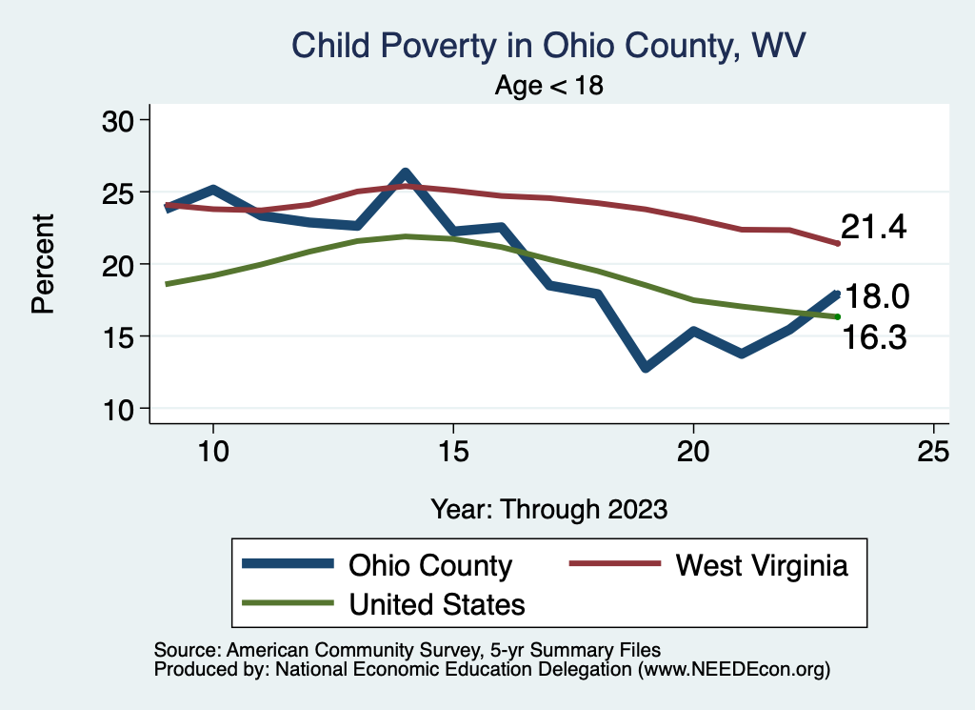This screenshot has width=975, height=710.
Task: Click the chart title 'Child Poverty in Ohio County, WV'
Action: coord(549,46)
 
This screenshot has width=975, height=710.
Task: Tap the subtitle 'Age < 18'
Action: coord(549,86)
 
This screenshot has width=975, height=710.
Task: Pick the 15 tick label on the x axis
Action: coord(453,452)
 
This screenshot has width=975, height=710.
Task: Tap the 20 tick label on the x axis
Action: coord(693,452)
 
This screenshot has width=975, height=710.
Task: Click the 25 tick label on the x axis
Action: coord(934,452)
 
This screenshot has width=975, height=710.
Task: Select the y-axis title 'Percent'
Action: coord(42,264)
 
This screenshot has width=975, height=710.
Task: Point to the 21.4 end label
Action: coord(873,227)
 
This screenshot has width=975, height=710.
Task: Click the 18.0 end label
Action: coord(878,297)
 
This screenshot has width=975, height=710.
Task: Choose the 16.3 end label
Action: coord(873,337)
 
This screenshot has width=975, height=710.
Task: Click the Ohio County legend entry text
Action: coord(430,565)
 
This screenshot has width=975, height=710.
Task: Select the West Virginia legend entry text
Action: coord(762,565)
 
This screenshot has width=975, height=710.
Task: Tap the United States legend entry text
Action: coord(437,604)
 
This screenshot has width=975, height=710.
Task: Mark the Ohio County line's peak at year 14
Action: coord(405,174)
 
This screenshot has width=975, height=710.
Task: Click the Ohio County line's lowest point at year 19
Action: coord(646,367)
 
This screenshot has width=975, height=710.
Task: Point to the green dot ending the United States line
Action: coord(838,316)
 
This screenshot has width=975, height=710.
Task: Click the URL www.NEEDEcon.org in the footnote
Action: coord(733,670)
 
